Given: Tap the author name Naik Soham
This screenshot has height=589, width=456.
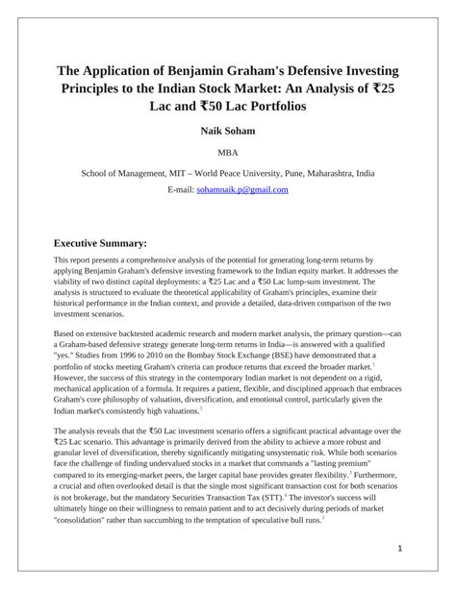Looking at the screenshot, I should (228, 130).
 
